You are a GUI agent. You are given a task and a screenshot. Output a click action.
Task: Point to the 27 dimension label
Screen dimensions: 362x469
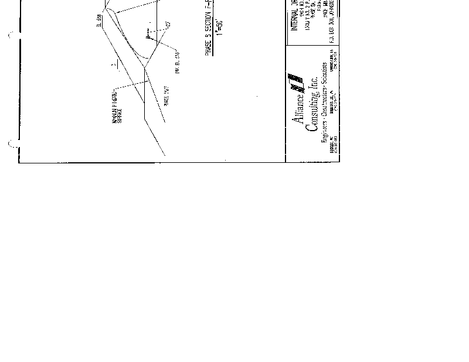(168, 25)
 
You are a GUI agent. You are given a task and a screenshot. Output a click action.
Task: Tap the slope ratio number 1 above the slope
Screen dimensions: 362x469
(117, 63)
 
